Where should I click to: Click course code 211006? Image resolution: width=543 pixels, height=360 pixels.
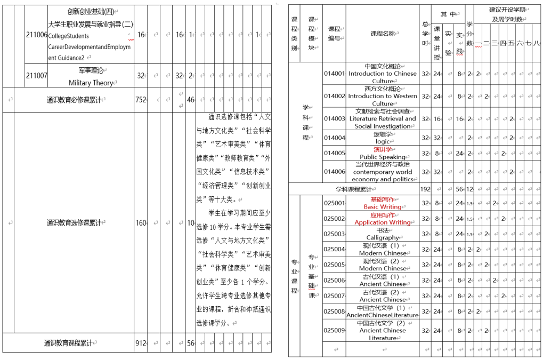[36, 35]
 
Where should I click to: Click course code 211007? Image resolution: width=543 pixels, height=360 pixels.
[36, 76]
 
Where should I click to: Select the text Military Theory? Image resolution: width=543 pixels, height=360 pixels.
[91, 83]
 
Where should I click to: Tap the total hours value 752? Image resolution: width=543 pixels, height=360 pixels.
[141, 100]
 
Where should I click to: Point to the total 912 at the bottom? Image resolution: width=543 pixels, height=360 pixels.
[141, 343]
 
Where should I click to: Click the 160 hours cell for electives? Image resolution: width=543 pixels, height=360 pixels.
[141, 223]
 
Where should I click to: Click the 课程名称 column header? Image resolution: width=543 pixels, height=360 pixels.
[382, 33]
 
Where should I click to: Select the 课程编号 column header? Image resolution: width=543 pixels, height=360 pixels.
[334, 33]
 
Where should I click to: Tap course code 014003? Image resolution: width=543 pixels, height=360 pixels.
[334, 119]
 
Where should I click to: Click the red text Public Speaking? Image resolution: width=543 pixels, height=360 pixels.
[382, 157]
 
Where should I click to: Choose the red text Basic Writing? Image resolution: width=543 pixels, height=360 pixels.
[382, 207]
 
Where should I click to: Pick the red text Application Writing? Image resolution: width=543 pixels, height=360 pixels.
[382, 222]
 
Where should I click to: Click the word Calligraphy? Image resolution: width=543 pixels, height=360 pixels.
[382, 238]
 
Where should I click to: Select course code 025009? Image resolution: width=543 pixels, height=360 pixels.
[334, 330]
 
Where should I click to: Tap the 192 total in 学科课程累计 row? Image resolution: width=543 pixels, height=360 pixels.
[425, 189]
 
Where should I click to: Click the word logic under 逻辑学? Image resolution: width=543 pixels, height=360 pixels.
[382, 142]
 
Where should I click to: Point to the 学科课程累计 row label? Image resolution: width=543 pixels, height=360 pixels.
[353, 189]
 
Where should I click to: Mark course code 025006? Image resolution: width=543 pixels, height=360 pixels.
[334, 281]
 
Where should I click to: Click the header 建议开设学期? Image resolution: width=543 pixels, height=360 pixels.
[508, 10]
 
